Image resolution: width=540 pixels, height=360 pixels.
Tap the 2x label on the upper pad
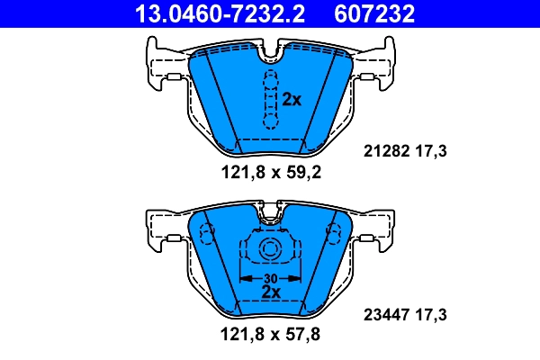tap(291, 100)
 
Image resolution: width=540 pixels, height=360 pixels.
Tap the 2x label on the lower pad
tap(270, 292)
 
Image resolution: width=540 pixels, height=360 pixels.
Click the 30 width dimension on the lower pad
tap(269, 278)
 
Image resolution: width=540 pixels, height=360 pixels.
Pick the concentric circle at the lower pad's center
tap(269, 252)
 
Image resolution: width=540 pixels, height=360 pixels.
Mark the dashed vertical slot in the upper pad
tap(268, 100)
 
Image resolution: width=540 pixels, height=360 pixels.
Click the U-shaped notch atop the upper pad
tap(270, 57)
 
